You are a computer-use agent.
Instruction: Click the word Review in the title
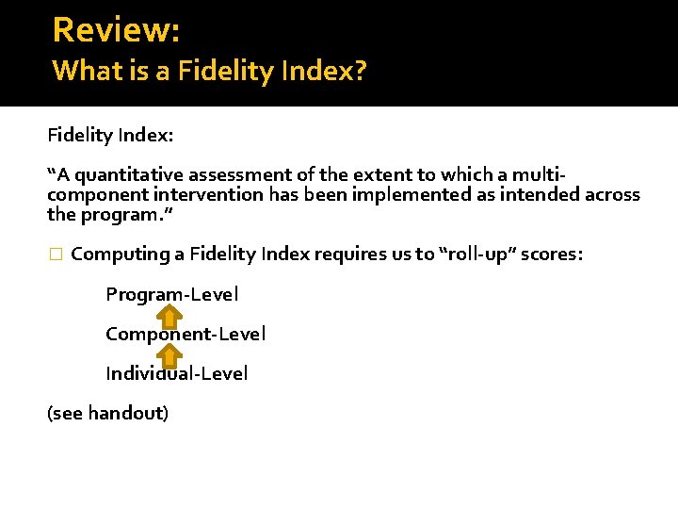112,29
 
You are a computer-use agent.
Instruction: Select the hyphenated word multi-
536,174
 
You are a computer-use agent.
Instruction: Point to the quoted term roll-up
478,254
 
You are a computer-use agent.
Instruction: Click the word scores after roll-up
557,254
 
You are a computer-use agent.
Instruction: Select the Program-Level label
172,294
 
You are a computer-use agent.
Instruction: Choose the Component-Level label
186,334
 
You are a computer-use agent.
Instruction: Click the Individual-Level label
177,373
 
